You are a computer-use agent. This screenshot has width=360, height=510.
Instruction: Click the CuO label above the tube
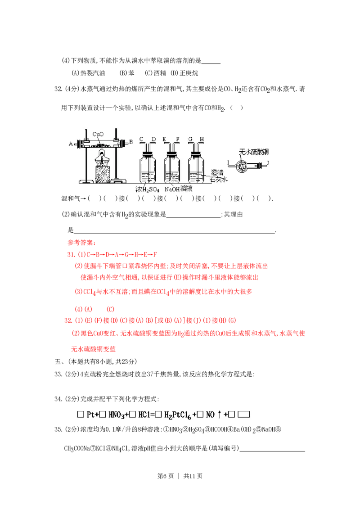[x=98, y=134]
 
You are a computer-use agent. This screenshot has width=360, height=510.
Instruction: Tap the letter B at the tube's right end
[x=131, y=142]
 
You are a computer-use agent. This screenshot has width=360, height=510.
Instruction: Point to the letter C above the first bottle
[x=141, y=139]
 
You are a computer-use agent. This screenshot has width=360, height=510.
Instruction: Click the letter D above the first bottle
[x=153, y=139]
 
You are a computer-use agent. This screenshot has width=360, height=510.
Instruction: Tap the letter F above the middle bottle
[x=177, y=139]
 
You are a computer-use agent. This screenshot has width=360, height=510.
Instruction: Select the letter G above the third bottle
[x=190, y=139]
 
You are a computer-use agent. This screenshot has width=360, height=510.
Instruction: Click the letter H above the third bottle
[x=202, y=139]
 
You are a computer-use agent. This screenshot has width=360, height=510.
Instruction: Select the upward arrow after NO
[x=220, y=414]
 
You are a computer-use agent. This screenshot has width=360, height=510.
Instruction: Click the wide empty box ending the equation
[x=243, y=414]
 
